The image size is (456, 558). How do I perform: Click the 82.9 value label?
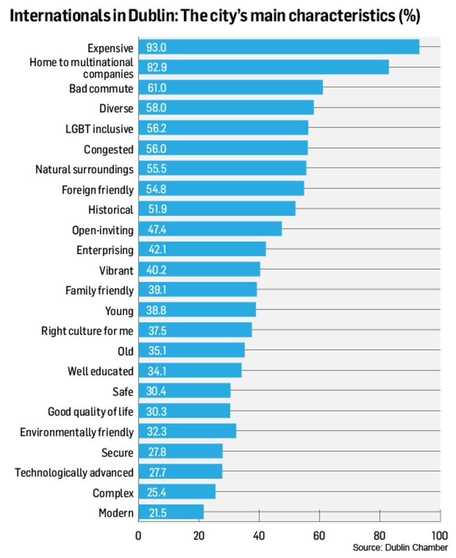[157, 68]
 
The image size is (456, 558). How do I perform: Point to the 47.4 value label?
[156, 230]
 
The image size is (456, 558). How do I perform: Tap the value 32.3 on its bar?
[156, 432]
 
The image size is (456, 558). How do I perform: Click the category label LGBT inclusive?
[101, 129]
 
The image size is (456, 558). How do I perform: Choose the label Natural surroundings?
[84, 170]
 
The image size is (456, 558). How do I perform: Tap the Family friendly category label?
[99, 291]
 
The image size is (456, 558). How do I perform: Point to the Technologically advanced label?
[74, 473]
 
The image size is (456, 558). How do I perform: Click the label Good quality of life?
[91, 412]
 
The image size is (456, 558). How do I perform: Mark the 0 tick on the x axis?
[139, 536]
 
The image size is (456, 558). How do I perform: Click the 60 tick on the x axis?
[319, 536]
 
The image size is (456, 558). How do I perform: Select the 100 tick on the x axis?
[439, 536]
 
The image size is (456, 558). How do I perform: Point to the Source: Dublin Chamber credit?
[400, 548]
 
